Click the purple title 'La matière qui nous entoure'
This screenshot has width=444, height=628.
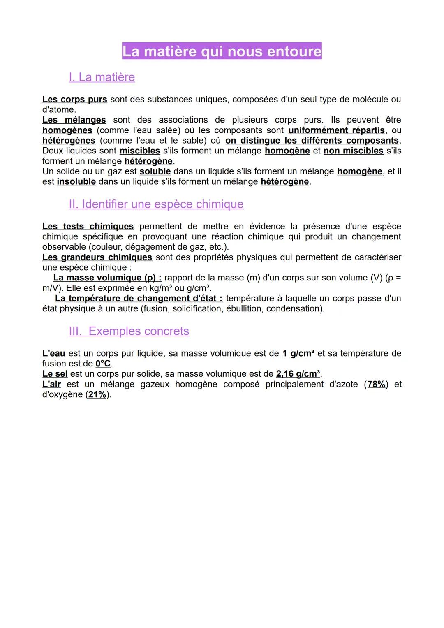pos(222,51)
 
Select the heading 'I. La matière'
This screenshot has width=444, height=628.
pos(102,77)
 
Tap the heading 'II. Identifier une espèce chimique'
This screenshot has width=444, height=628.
pos(156,204)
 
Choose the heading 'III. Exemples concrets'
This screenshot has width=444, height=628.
pos(129,331)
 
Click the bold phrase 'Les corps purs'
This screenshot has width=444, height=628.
pos(75,100)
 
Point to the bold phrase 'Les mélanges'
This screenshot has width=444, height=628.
pos(74,120)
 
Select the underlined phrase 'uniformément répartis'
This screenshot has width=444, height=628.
pos(337,130)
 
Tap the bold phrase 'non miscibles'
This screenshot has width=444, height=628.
pos(354,151)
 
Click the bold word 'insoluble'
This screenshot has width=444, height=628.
pos(76,182)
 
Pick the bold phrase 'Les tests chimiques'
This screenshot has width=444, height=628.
pos(88,227)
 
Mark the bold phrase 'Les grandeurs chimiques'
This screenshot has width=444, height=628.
pos(97,257)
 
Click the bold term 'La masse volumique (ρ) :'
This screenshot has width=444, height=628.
pos(107,278)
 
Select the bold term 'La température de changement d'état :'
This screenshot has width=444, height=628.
pos(139,299)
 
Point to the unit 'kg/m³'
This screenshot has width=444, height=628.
pos(160,288)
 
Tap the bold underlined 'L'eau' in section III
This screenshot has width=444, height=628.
pos(54,354)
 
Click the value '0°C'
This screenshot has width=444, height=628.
pos(103,364)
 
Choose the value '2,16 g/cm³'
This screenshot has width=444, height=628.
pos(298,374)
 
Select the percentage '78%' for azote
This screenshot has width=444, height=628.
pos(376,385)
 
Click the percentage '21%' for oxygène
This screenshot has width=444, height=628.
pos(97,395)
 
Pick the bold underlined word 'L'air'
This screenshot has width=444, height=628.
pos(52,385)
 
